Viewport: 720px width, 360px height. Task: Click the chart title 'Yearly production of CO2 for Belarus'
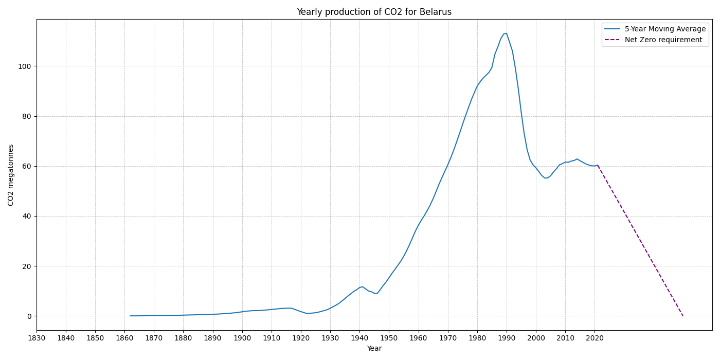click(374, 12)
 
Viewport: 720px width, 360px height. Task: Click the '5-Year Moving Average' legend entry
click(665, 29)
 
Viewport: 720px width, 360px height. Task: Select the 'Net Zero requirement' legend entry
click(663, 40)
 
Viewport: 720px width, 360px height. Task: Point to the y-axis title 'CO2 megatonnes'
click(11, 175)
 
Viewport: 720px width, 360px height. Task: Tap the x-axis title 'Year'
click(374, 348)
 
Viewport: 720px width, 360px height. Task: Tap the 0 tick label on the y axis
click(29, 316)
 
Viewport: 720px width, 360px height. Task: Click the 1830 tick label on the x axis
click(37, 338)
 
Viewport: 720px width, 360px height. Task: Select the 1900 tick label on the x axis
click(242, 338)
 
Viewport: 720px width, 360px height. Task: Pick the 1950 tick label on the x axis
click(389, 338)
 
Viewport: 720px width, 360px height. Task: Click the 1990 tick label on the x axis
click(507, 338)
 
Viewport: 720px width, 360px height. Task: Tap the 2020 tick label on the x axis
click(595, 338)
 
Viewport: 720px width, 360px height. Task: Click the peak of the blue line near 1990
click(507, 33)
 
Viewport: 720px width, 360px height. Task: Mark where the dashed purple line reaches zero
click(683, 316)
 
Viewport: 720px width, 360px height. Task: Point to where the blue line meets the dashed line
click(598, 165)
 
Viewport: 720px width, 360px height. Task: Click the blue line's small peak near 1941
click(363, 286)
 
